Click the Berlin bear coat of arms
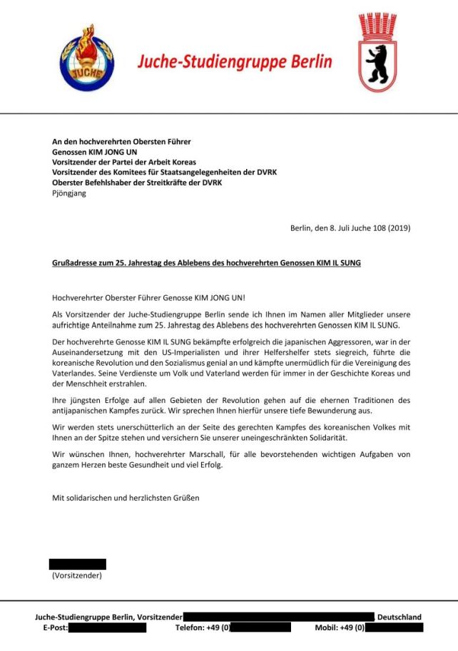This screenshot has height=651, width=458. click(x=377, y=53)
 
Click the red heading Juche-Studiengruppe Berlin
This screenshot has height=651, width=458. click(x=235, y=61)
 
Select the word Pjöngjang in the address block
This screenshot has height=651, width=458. click(x=69, y=193)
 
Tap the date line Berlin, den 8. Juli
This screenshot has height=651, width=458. click(x=350, y=228)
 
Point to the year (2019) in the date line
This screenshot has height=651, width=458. click(x=397, y=228)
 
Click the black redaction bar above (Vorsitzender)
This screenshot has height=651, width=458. click(x=77, y=564)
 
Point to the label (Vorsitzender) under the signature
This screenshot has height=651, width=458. click(x=77, y=575)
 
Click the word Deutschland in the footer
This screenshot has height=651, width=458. click(x=399, y=617)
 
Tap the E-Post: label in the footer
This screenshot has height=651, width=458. click(x=54, y=628)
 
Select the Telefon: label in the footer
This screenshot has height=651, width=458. click(x=192, y=628)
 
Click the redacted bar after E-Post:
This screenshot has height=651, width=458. click(x=108, y=628)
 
